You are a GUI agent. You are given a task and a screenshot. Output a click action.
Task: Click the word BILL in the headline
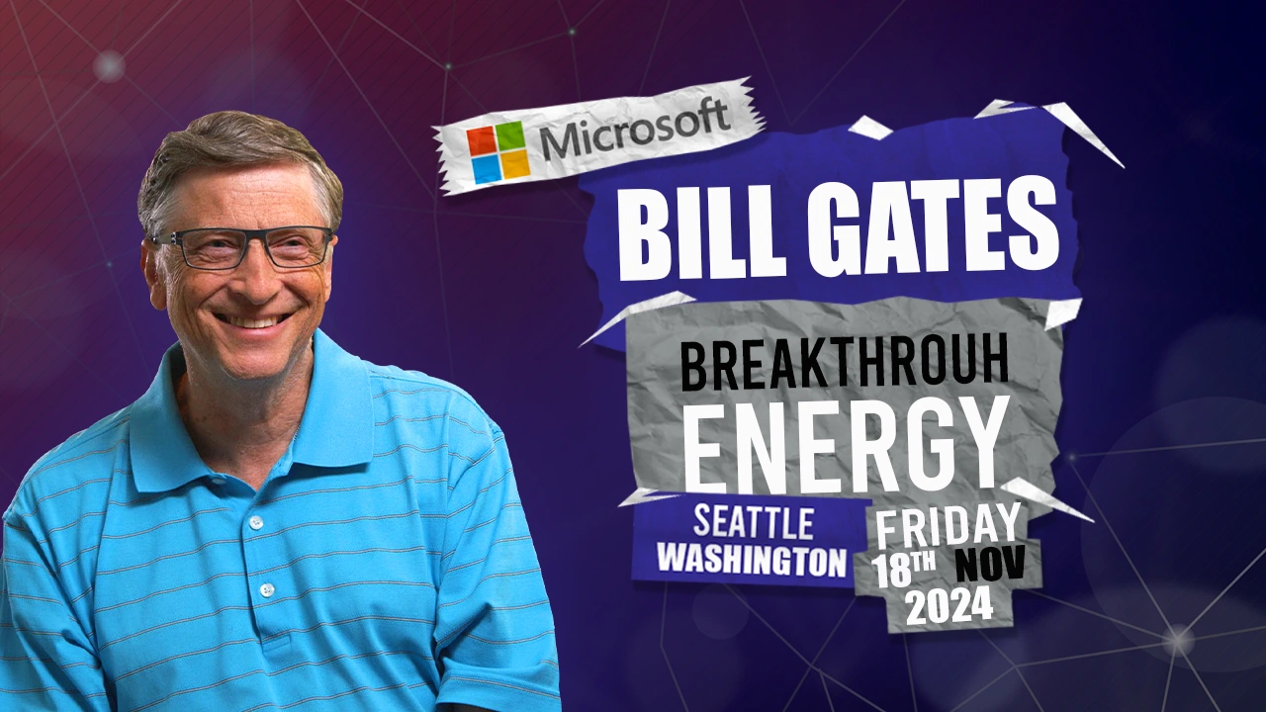(702, 232)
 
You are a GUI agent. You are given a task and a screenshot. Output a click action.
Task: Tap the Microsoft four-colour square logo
(497, 152)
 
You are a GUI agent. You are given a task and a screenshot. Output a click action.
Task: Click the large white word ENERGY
(846, 444)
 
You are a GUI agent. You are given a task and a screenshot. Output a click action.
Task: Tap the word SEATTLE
(754, 522)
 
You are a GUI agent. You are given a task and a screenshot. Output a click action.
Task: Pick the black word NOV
(990, 564)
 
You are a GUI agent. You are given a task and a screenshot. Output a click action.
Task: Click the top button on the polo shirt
(256, 521)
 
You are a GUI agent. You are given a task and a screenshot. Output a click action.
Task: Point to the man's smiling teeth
(252, 321)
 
